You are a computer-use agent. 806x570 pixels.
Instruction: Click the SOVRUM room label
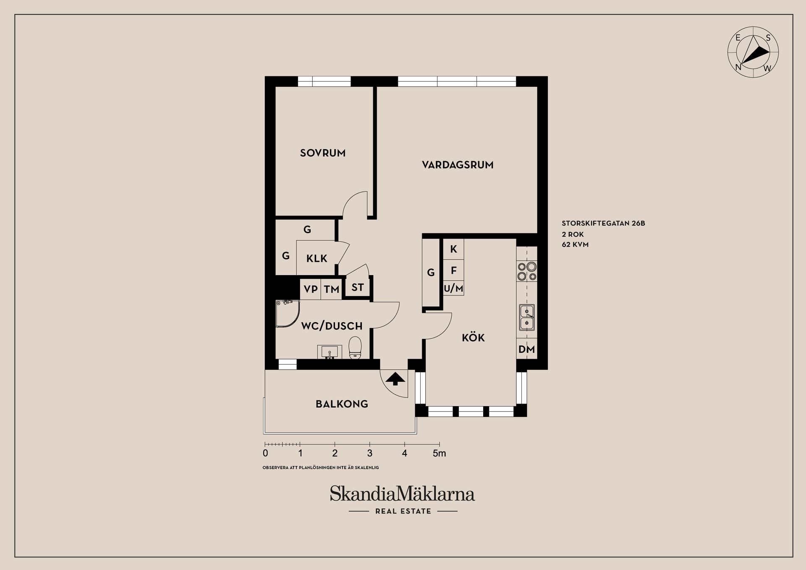pos(322,153)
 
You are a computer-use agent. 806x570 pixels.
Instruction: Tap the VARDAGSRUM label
pos(458,165)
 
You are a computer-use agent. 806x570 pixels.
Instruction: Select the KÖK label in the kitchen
pos(473,338)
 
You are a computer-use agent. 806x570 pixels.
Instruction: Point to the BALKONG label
pos(342,404)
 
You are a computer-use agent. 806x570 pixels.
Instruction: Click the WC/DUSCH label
pos(332,326)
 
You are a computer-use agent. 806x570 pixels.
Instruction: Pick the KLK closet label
pos(317,258)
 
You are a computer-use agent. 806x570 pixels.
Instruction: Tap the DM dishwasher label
pos(526,349)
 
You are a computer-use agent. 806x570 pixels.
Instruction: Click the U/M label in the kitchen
pos(453,289)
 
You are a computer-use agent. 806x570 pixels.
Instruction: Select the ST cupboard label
pos(357,287)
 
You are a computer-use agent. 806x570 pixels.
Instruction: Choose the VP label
pos(311,289)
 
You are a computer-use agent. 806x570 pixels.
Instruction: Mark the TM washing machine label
pos(331,289)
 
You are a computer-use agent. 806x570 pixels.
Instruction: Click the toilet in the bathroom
pos(355,348)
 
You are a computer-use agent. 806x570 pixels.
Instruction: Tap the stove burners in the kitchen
pos(527,271)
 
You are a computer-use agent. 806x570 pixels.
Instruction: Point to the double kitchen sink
pos(527,317)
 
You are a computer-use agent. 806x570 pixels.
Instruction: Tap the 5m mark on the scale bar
pos(440,453)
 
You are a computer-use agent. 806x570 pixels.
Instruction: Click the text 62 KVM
pos(575,244)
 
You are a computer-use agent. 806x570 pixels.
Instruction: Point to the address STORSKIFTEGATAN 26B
pos(603,223)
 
